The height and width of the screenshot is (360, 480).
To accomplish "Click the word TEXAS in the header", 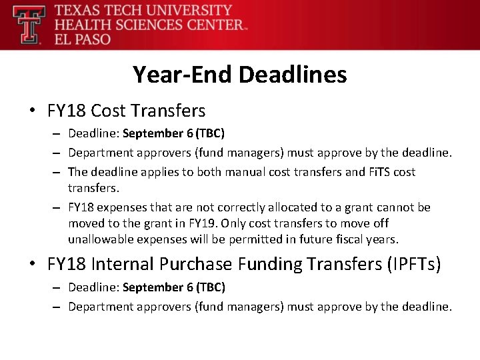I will tap(77, 11).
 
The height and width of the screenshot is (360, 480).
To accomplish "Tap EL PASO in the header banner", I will tap(83, 39).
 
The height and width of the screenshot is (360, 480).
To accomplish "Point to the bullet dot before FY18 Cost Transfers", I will tap(33, 111).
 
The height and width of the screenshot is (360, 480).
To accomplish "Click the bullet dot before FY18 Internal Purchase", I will tap(33, 265).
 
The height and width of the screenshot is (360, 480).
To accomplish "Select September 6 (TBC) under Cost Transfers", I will tap(173, 133).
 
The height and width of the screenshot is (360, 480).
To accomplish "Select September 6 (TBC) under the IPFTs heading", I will tap(173, 287).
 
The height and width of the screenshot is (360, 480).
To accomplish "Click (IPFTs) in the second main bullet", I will tap(413, 265).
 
